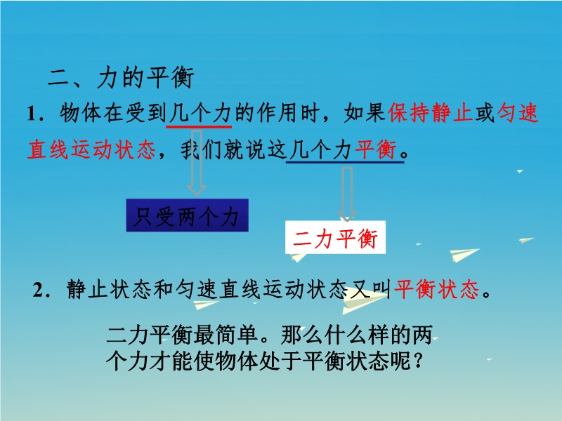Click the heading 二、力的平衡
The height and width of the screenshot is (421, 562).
coord(121,77)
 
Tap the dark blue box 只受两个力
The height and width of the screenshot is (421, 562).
coord(187,215)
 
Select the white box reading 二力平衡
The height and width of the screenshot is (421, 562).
coord(336,238)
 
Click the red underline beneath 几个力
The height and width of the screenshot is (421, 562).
coord(199,126)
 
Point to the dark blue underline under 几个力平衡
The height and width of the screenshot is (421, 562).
coord(345,162)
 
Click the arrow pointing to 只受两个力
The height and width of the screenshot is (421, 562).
coord(197,162)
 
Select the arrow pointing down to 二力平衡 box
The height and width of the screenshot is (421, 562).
coord(347,194)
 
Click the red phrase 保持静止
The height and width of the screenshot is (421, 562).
coord(430,112)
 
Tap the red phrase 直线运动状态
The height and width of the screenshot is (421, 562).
coord(91,149)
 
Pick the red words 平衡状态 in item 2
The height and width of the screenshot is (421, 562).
coord(436,289)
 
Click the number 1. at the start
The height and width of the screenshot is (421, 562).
coord(37,114)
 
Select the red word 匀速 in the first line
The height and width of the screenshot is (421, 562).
coord(518,112)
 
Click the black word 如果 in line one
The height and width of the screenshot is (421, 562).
coord(365,112)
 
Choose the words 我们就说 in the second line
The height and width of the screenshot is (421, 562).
coord(223,149)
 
